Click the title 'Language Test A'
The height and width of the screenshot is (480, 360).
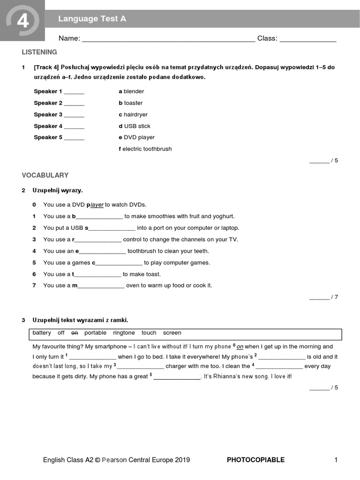(92, 19)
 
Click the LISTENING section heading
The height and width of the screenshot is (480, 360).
(39, 52)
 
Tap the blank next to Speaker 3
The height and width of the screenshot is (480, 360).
(74, 115)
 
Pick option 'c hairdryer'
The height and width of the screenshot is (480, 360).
(133, 114)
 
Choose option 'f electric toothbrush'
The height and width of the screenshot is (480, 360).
(145, 149)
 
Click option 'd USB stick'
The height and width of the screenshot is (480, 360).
(135, 126)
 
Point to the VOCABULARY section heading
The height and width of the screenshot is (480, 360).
(45, 175)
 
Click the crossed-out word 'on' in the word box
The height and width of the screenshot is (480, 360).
(75, 333)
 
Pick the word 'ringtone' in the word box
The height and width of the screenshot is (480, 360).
(124, 333)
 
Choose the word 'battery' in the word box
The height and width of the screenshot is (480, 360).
(42, 333)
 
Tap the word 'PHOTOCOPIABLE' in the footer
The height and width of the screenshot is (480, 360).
(255, 460)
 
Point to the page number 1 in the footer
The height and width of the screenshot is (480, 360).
(336, 460)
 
